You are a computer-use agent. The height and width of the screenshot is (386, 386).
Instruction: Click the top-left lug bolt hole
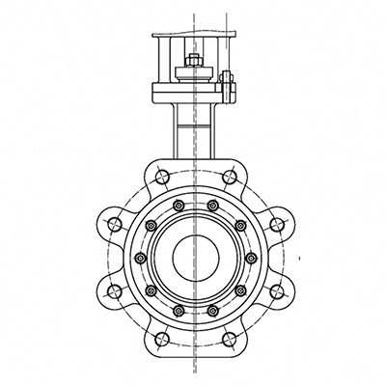click(x=159, y=177)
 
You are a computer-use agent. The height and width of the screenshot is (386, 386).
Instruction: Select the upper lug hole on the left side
click(x=114, y=224)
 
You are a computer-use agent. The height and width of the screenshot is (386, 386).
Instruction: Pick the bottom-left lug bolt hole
click(x=159, y=339)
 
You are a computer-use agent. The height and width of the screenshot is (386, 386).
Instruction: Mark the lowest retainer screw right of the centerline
click(x=211, y=309)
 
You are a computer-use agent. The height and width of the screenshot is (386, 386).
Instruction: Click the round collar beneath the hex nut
click(x=190, y=75)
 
